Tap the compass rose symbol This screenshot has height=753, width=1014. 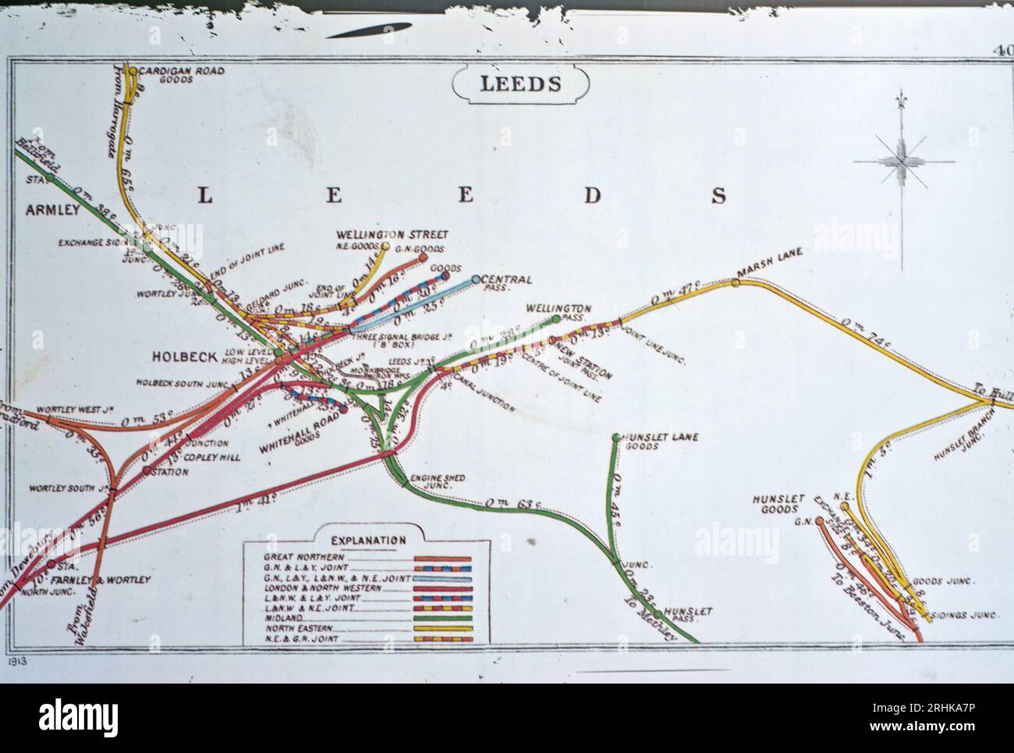pyautogui.click(x=902, y=161)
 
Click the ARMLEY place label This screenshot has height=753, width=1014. pyautogui.click(x=52, y=210)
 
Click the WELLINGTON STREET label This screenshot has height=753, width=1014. pyautogui.click(x=392, y=234)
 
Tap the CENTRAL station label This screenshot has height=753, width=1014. pyautogui.click(x=508, y=279)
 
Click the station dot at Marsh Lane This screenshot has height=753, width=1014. pyautogui.click(x=735, y=282)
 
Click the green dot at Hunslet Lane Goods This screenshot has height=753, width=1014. pyautogui.click(x=616, y=437)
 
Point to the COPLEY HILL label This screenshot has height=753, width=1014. pyautogui.click(x=223, y=456)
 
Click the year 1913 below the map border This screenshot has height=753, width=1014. pyautogui.click(x=20, y=660)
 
